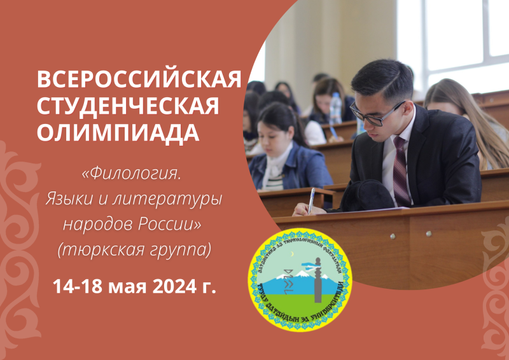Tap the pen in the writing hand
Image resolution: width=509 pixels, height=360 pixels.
pyautogui.click(x=310, y=199)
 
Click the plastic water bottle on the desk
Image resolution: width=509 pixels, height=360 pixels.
pyautogui.click(x=335, y=108)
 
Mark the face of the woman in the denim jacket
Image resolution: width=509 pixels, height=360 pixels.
pyautogui.click(x=276, y=134)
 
